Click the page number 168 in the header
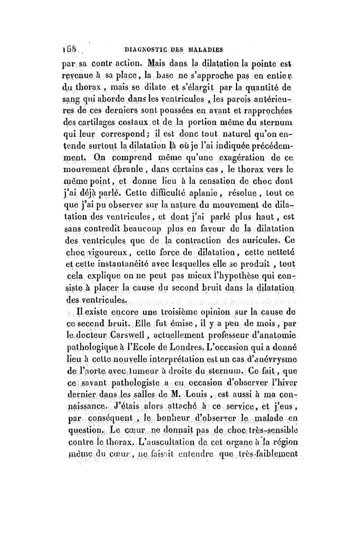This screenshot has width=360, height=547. click(68, 46)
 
